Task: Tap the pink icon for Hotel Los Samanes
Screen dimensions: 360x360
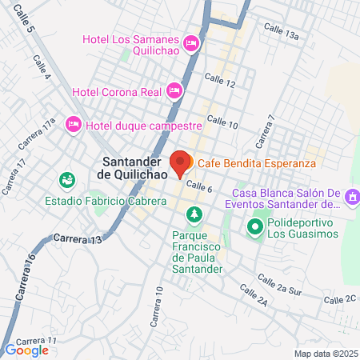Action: click(x=191, y=42)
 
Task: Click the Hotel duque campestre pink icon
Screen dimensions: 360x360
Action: click(x=73, y=123)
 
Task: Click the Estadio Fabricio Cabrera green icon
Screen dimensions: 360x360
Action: click(x=66, y=180)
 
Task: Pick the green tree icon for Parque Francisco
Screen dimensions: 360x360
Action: click(x=193, y=214)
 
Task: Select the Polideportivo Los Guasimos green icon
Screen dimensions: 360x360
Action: click(x=255, y=227)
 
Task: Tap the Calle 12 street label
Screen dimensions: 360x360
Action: click(x=220, y=79)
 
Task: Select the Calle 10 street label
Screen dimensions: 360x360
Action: click(x=222, y=121)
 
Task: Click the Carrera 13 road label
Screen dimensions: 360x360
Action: click(x=79, y=239)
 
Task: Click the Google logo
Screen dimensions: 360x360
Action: click(x=26, y=350)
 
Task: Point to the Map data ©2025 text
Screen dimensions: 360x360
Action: click(x=325, y=354)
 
